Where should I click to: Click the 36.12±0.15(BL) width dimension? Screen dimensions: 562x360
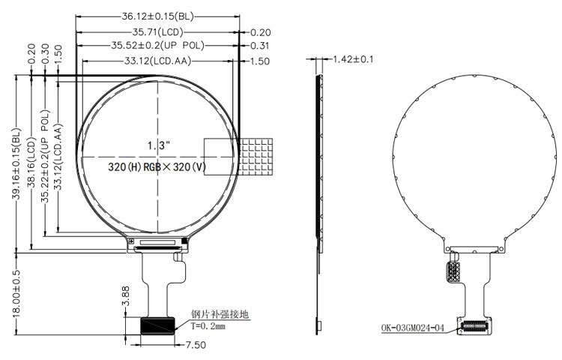click(157, 16)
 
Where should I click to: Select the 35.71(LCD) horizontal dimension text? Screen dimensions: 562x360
click(157, 32)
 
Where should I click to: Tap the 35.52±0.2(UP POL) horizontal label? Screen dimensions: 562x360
click(157, 46)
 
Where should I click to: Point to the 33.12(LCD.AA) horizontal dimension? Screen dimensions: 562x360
click(157, 61)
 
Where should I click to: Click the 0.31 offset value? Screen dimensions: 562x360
click(260, 46)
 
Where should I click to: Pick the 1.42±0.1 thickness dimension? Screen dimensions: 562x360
click(353, 59)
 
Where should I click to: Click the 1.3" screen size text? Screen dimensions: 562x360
click(158, 145)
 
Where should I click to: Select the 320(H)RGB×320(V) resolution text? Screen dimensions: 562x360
click(157, 166)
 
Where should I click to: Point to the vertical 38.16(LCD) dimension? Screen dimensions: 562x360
click(31, 163)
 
